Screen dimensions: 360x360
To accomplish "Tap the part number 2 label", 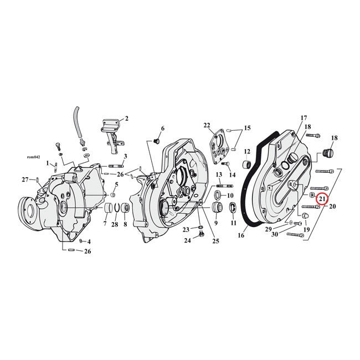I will (126, 118).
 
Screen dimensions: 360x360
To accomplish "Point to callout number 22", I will (207, 125).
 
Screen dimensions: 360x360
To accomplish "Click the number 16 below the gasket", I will (241, 235).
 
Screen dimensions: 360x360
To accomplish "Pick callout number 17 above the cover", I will (304, 118).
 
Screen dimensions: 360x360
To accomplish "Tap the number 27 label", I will (25, 179).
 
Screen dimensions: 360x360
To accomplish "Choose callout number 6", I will (163, 128).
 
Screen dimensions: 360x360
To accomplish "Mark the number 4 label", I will (89, 241).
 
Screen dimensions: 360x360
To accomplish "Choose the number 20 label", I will (333, 207).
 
